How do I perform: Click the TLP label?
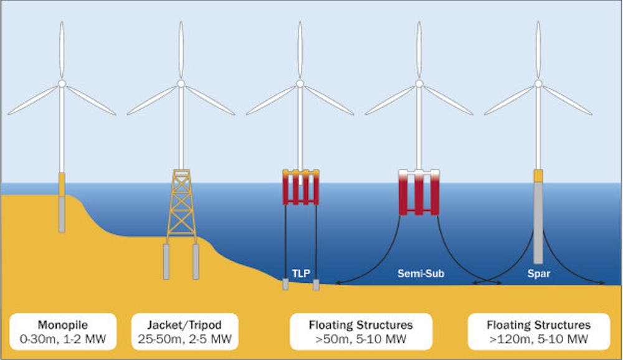click(301, 273)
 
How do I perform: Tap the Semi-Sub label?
click(421, 273)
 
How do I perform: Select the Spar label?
click(539, 273)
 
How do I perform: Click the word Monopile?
click(63, 324)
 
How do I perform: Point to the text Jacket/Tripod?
click(184, 324)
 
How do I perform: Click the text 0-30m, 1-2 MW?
click(63, 339)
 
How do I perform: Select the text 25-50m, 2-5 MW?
click(184, 339)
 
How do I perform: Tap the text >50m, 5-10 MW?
click(361, 339)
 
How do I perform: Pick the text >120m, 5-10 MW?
click(539, 339)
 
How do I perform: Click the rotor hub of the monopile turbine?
click(62, 83)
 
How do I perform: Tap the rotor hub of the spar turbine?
click(538, 83)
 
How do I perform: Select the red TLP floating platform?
click(301, 187)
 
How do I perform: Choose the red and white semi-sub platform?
click(419, 192)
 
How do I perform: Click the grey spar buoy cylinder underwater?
click(538, 222)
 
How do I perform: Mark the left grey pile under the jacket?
click(166, 262)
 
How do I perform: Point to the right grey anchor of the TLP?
click(316, 285)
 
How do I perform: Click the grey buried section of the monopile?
click(62, 214)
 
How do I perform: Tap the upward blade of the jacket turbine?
click(181, 50)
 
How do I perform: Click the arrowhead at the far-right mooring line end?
click(602, 283)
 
